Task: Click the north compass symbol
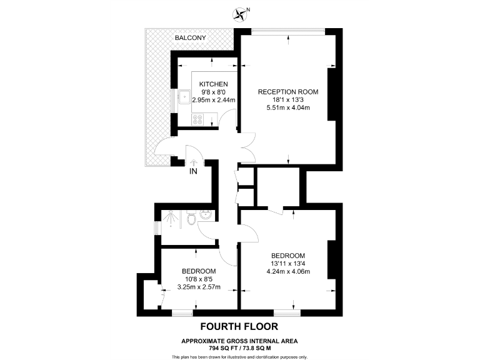click(239, 12)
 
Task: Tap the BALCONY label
click(191, 38)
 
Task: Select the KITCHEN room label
click(213, 84)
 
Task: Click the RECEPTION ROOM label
click(288, 92)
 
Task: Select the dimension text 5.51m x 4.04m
click(288, 107)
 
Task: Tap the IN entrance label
click(193, 171)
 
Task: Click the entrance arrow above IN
click(193, 162)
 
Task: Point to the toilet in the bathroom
click(191, 218)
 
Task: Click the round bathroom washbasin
click(206, 216)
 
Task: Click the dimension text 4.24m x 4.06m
click(288, 271)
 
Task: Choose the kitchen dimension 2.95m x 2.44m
click(213, 99)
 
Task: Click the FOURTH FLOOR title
click(239, 326)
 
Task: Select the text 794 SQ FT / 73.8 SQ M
click(239, 347)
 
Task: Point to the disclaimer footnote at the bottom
click(239, 356)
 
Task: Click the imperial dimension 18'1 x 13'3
click(288, 100)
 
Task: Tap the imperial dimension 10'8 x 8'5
click(199, 279)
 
